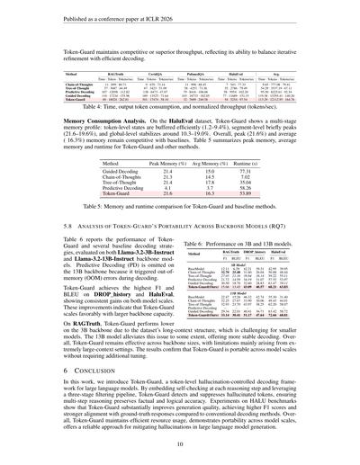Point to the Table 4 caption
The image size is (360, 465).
[180, 107]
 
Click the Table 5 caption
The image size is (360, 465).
[180, 206]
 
